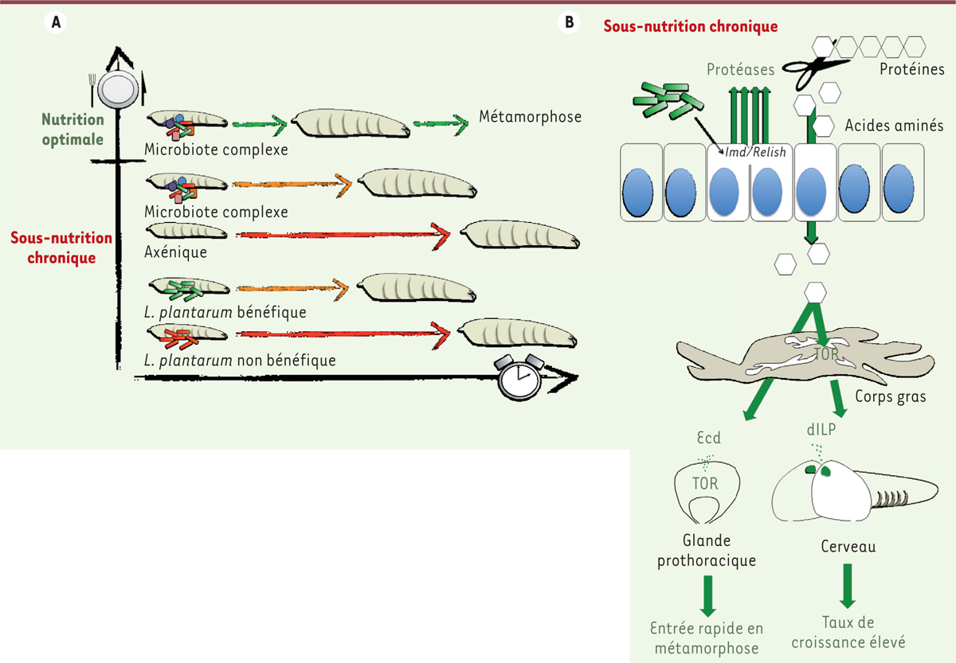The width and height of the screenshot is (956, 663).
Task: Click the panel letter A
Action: pos(56,23)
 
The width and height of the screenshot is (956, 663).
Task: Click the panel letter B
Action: pos(569,23)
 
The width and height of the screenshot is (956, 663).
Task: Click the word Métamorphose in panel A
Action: pos(531,117)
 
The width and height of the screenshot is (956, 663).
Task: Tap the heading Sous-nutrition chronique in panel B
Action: pos(690,26)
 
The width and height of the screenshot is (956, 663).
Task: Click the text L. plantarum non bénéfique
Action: pos(240,361)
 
